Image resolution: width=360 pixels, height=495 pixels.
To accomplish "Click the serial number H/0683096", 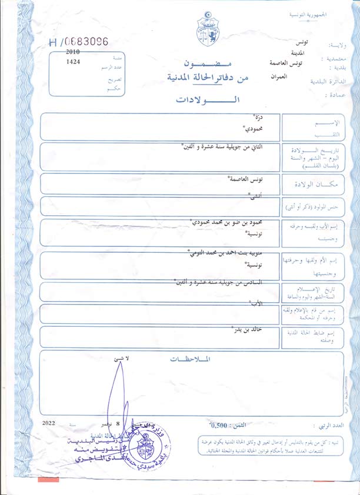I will click(79, 42).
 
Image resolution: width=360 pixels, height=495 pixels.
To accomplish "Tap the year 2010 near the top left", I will click(74, 52).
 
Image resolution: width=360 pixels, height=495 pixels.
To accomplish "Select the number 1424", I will click(74, 61).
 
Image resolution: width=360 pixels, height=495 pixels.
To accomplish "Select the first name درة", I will click(256, 118).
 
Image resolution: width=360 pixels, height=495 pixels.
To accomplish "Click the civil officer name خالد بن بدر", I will click(247, 330).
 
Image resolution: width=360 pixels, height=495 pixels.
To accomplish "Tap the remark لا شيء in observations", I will click(119, 358).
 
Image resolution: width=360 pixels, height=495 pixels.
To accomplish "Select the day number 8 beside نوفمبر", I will click(119, 423).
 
